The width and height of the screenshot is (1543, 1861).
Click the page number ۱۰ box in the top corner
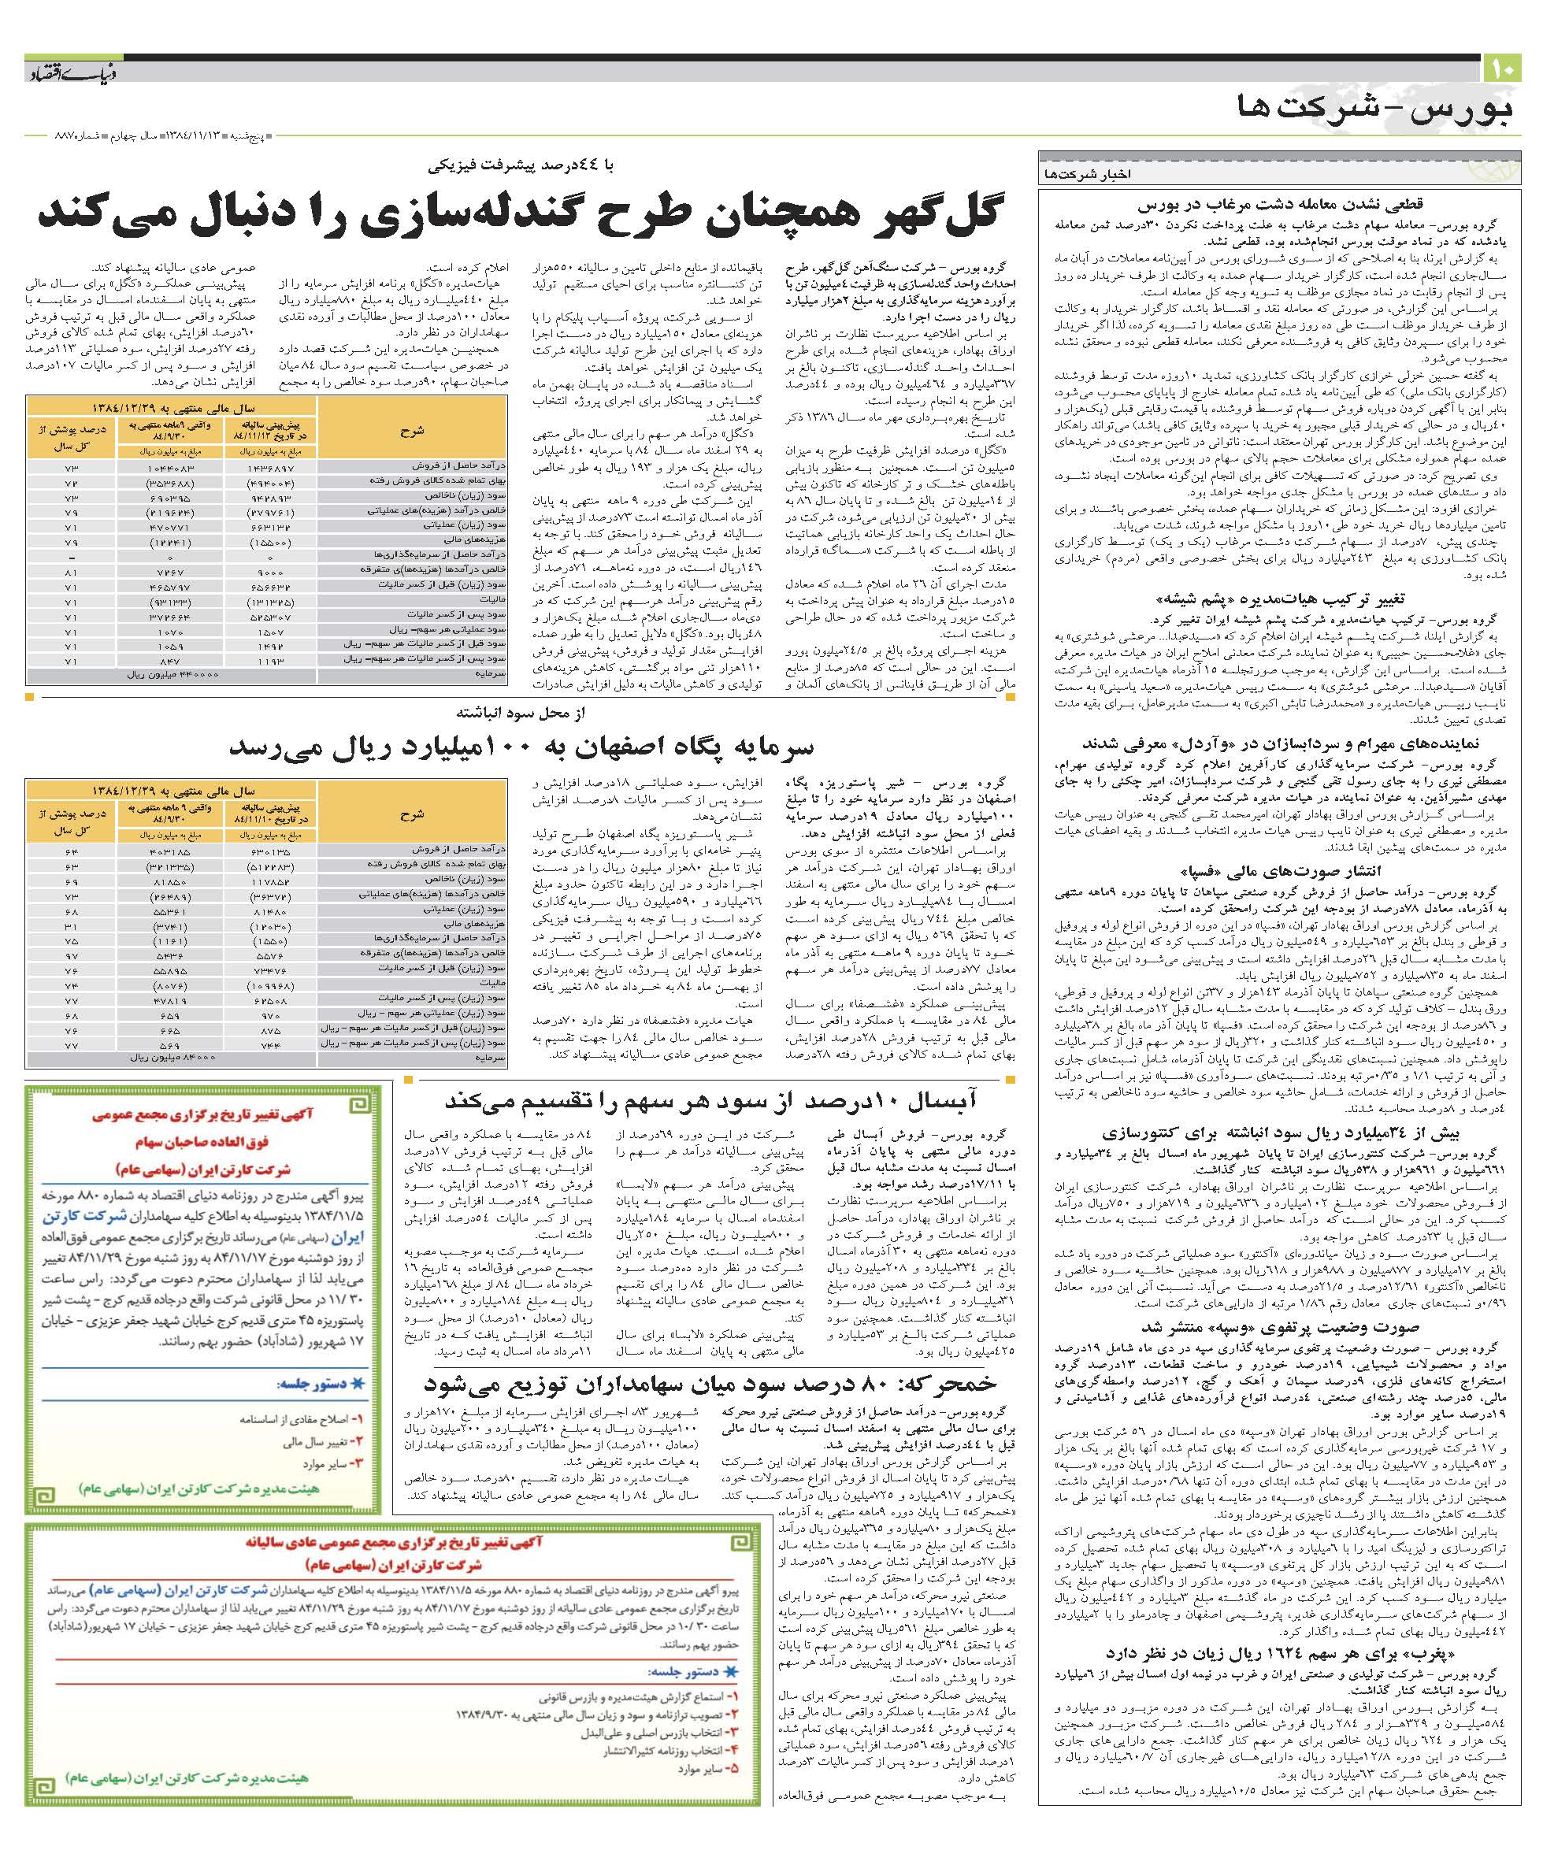click(1501, 69)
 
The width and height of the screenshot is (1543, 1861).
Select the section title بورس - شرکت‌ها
click(1373, 110)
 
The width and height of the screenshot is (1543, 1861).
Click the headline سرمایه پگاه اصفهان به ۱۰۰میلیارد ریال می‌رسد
click(521, 747)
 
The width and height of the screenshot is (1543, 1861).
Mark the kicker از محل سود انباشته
click(522, 713)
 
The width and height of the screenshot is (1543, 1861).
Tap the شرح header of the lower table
click(411, 814)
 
